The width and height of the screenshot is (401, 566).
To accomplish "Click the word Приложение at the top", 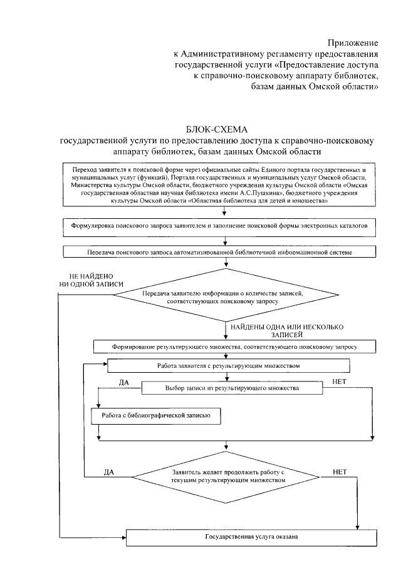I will [x=354, y=43].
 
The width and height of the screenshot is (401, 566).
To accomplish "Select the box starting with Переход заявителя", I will [x=219, y=186].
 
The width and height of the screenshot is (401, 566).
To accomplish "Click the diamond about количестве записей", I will [x=222, y=296].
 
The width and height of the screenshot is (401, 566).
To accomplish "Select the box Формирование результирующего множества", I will [x=234, y=345].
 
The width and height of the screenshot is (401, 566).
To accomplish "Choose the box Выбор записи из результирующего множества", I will [x=232, y=388].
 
